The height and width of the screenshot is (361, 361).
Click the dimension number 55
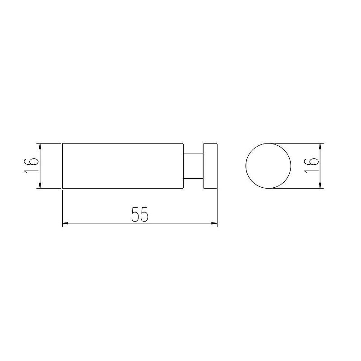pos(140,214)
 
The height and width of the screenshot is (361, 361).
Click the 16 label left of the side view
pos(31,166)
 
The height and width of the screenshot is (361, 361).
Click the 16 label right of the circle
pos(311,166)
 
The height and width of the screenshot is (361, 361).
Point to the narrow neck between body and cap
pos(193,166)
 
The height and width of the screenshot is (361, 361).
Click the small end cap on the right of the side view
pos(210,166)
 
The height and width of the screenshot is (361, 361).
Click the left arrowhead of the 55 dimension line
pos(65,223)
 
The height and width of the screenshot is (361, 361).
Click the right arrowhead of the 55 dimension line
pos(214,223)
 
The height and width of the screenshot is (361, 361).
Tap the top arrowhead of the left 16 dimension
pos(40,146)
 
